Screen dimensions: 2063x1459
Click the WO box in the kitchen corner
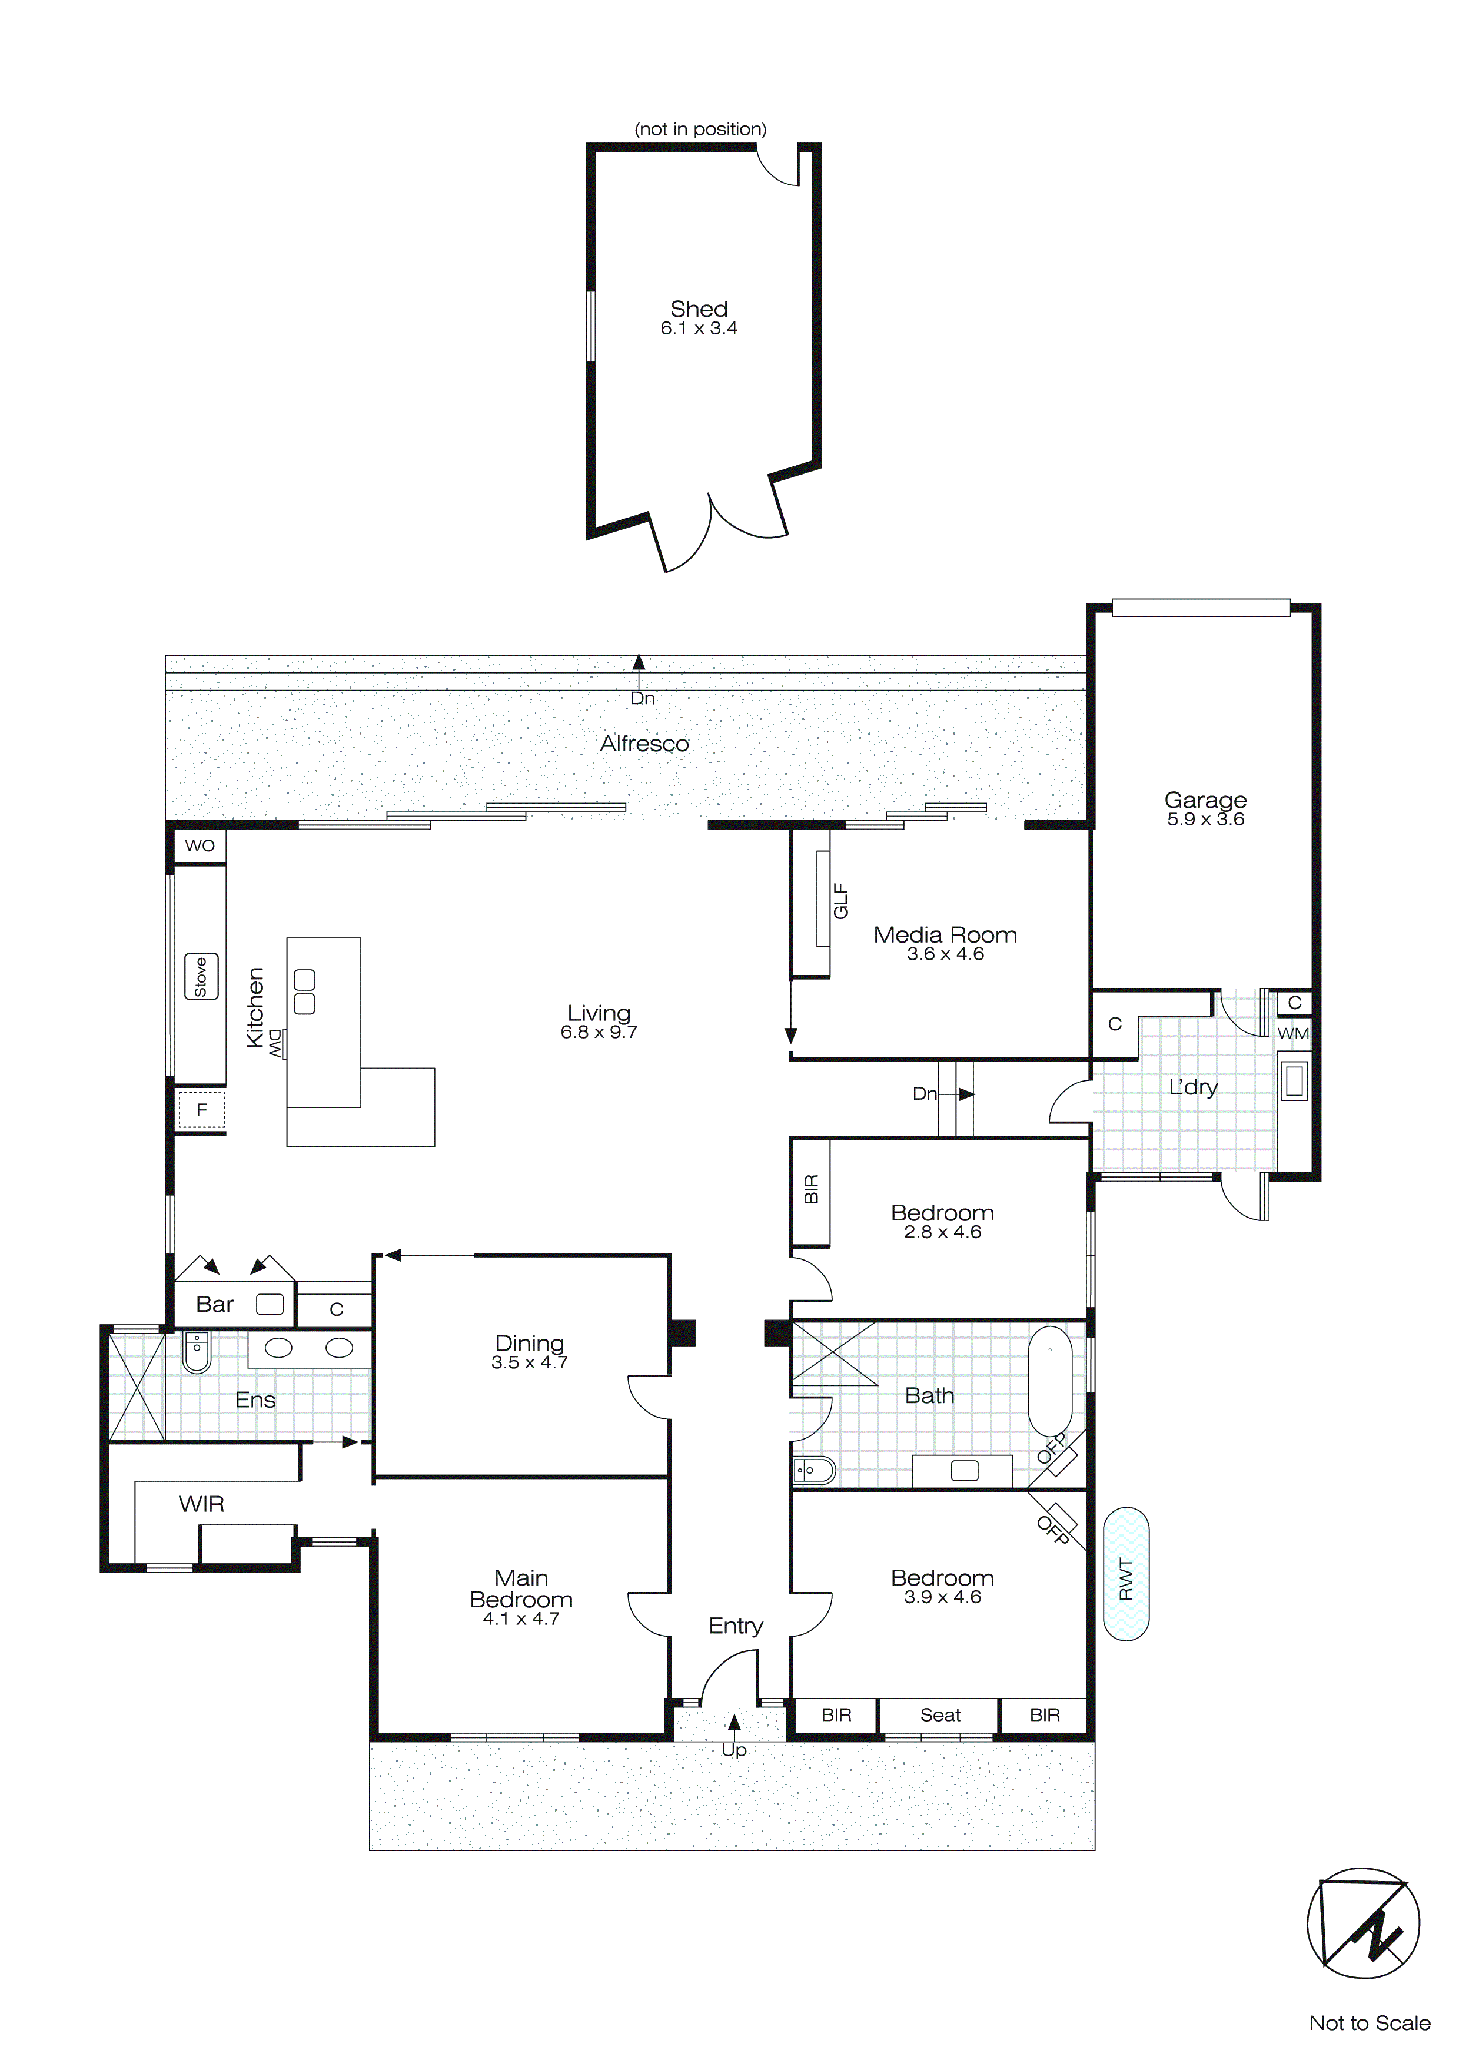tap(200, 845)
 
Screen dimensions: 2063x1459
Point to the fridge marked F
tap(201, 1110)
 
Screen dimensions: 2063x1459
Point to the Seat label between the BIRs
tap(940, 1714)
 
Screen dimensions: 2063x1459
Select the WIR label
tap(201, 1504)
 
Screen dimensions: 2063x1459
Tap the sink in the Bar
tap(270, 1305)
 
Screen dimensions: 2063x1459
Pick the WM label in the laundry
tap(1293, 1033)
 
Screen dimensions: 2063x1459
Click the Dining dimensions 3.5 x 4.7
tap(529, 1363)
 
